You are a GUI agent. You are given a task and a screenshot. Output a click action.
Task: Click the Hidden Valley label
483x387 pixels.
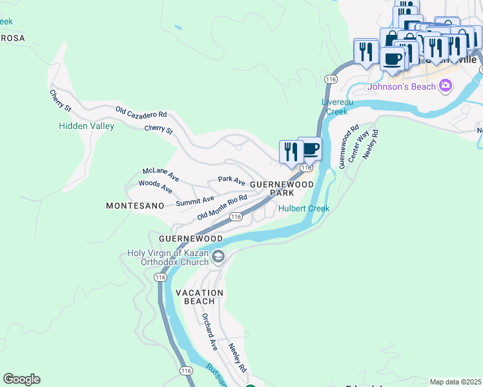coord(86,126)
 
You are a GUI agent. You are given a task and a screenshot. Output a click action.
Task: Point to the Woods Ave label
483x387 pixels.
coord(156,186)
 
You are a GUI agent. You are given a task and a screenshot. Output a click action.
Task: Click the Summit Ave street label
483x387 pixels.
coord(195,202)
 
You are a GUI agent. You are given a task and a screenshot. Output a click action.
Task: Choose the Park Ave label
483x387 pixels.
coord(231,180)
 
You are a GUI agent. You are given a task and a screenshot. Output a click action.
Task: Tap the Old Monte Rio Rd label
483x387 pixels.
coord(222,206)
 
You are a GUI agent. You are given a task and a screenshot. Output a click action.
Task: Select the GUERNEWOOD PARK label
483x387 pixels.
coord(282,188)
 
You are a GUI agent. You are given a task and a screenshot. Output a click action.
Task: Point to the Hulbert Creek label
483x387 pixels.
coord(303,208)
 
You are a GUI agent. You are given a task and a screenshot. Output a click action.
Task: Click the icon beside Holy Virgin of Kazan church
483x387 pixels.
coord(218,257)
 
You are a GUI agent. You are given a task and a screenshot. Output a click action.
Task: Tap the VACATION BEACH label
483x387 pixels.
coord(199,297)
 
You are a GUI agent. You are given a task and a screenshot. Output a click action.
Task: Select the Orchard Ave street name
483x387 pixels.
coord(209,332)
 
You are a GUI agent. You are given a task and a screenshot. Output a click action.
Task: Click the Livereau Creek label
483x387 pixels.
coord(336,107)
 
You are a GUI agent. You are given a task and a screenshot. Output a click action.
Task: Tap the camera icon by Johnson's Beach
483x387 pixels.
coord(445,86)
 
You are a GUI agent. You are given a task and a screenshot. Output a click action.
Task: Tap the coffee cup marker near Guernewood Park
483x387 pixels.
coord(311,149)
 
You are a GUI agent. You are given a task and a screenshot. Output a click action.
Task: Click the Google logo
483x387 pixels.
coord(21,379)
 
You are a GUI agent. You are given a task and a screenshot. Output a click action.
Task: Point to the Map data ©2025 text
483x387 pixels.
coord(455,382)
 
